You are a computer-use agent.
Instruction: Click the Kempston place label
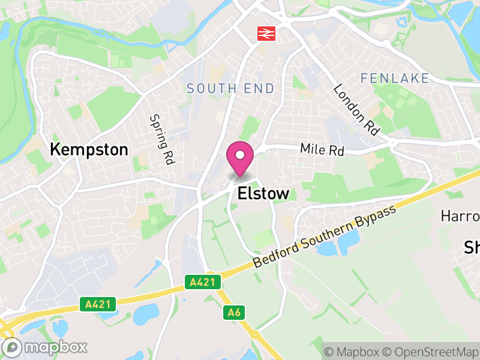(x=89, y=149)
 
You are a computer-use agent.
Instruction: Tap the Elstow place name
(x=263, y=193)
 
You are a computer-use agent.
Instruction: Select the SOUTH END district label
(x=230, y=89)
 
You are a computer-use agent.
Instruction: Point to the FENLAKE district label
(x=395, y=78)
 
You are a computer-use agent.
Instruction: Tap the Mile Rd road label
(x=322, y=149)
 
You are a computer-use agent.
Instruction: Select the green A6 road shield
(x=234, y=312)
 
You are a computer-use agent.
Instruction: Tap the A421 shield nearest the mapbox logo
(x=96, y=305)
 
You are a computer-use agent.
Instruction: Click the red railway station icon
(x=266, y=34)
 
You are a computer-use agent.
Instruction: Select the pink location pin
(x=240, y=157)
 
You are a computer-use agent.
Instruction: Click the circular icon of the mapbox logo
(x=13, y=347)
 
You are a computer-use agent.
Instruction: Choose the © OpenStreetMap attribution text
(x=429, y=352)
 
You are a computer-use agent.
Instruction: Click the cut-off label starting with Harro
(x=460, y=215)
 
